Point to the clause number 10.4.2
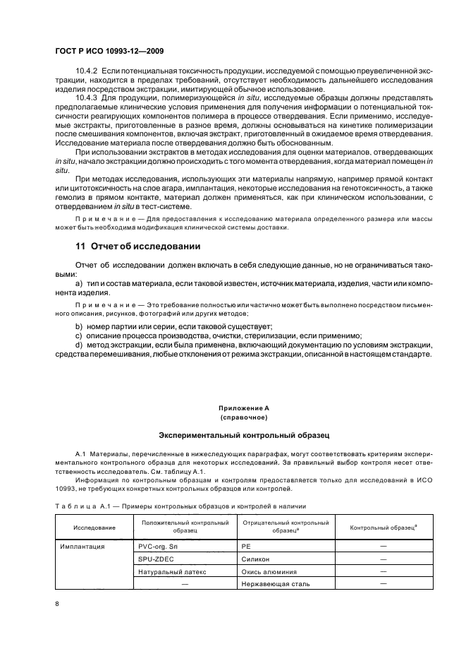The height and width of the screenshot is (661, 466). [87, 72]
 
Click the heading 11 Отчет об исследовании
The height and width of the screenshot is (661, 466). [138, 246]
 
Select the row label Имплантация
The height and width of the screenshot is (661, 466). [83, 546]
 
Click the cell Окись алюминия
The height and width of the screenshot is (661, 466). [269, 571]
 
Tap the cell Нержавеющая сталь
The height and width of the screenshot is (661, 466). [276, 584]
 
